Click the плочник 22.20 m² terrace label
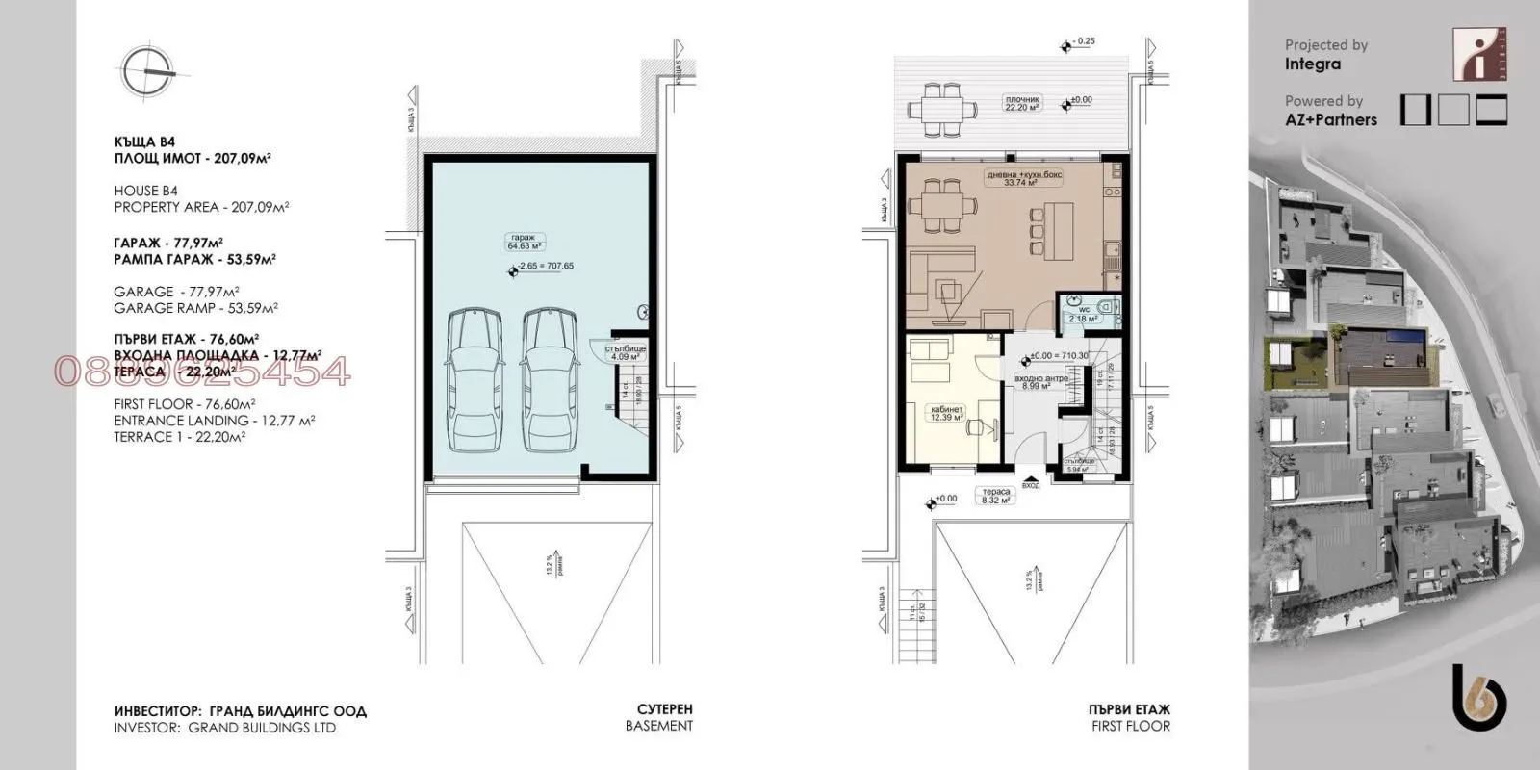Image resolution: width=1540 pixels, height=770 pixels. point(1021,104)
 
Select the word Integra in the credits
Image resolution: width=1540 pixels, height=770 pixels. point(1312,64)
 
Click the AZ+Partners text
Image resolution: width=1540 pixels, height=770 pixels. point(1330,120)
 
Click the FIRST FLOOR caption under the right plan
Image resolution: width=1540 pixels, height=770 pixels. point(1131,727)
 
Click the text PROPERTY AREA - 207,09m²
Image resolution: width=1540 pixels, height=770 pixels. point(202,207)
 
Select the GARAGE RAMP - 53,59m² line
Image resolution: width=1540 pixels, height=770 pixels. point(195,309)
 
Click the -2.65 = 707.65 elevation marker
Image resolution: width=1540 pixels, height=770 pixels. point(545,267)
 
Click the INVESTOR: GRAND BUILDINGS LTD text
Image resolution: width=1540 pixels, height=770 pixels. point(224,728)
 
